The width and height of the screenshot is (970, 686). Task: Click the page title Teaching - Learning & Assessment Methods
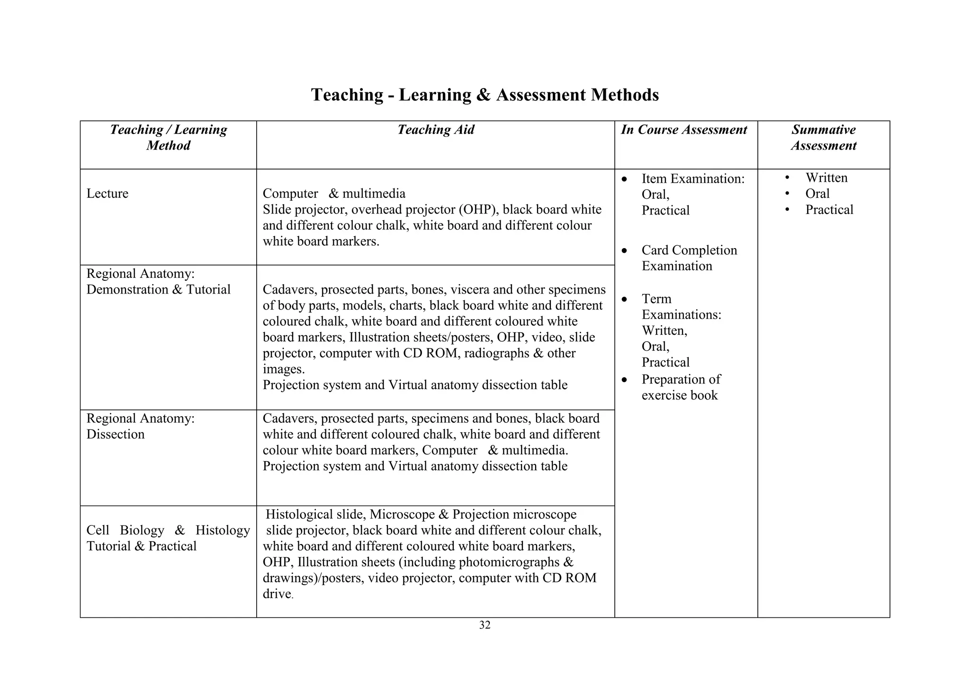point(485,95)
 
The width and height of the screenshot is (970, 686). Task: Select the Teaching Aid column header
point(435,130)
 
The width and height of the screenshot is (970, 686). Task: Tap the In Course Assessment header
point(684,130)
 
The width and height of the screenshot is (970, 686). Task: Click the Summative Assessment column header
point(823,137)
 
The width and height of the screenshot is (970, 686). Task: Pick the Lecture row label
point(108,194)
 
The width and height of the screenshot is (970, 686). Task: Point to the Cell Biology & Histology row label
point(168,538)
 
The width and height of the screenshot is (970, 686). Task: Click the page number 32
point(485,625)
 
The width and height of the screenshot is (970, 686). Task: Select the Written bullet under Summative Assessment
point(826,178)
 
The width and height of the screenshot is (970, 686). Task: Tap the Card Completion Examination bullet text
point(689,258)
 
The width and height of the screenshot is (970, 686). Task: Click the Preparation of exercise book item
point(681,387)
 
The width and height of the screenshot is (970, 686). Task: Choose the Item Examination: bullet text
point(693,179)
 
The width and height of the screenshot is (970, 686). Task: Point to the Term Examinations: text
point(681,307)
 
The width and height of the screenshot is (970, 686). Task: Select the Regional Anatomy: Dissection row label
point(140,427)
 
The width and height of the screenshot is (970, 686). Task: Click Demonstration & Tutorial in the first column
point(158,290)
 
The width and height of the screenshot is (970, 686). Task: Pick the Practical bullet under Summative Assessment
point(829,210)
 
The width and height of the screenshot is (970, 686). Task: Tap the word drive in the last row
point(277,594)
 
